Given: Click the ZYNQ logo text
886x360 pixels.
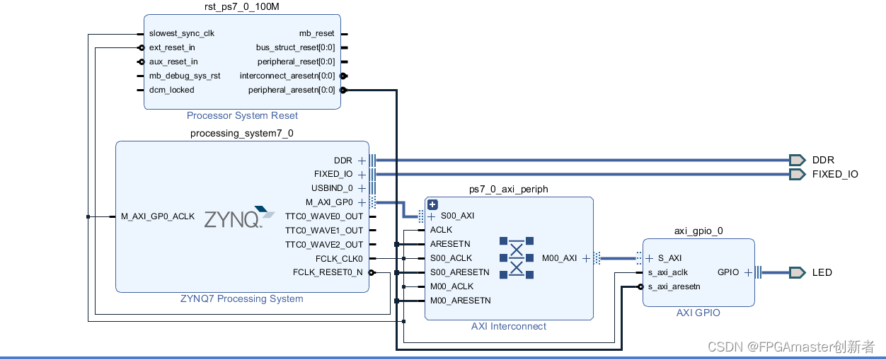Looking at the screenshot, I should tap(231, 219).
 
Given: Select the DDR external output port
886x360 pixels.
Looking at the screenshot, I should tap(798, 161).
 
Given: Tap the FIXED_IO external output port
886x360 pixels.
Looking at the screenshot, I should tap(798, 174).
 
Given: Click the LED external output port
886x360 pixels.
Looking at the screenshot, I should tap(798, 272).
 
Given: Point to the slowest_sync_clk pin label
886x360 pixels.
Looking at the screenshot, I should tap(181, 33).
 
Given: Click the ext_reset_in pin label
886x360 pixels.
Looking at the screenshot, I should tap(172, 47).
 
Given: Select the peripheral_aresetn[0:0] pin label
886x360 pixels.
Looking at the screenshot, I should tap(292, 90).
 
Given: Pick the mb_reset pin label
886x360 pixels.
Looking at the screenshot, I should tap(316, 33).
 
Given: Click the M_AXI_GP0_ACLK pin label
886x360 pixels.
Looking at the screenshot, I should tap(157, 216).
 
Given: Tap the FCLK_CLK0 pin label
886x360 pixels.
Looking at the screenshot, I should tap(339, 259).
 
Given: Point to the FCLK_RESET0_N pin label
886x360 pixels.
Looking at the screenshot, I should tap(328, 272).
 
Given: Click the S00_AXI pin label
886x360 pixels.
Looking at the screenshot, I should tap(457, 216).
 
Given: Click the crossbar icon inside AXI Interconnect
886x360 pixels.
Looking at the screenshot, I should tap(517, 258).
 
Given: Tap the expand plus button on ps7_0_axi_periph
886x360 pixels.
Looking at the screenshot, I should tap(433, 204).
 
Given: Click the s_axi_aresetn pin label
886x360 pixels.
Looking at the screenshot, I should tap(674, 286).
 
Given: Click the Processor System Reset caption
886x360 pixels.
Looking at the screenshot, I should tap(242, 115).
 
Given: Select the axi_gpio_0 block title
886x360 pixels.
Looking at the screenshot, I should tap(698, 231).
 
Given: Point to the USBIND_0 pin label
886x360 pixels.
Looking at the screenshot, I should tap(332, 188).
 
